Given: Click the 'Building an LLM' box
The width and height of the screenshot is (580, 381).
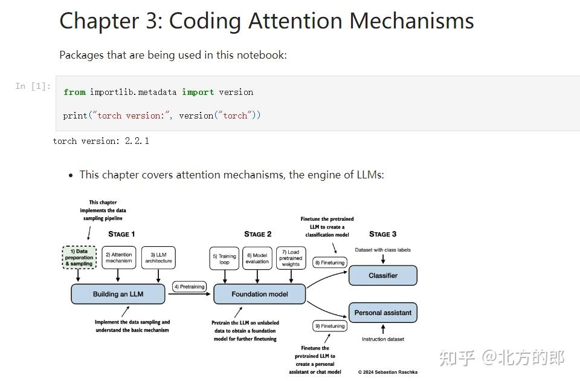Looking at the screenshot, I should click(x=118, y=295).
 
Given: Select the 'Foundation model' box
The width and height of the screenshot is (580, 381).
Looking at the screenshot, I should click(x=260, y=295).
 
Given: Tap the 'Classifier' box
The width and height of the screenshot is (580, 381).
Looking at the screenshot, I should click(x=383, y=276).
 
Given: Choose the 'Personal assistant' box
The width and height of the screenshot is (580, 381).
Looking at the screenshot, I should click(x=383, y=313).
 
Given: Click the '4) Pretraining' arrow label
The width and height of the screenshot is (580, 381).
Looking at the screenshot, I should click(x=189, y=287).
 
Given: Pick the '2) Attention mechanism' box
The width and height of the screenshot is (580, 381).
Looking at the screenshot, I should click(x=118, y=258).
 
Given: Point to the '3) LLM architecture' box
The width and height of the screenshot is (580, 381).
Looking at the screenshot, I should click(x=158, y=258).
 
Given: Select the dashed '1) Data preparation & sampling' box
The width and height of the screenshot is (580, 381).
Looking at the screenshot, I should click(x=79, y=258).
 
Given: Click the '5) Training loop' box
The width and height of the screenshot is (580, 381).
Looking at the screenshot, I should click(x=225, y=258).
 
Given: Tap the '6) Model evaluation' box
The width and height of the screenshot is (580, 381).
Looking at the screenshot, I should click(x=257, y=258).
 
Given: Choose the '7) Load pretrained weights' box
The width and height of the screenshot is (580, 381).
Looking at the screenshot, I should click(x=291, y=258).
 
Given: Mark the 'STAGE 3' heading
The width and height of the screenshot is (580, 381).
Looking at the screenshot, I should click(x=383, y=234).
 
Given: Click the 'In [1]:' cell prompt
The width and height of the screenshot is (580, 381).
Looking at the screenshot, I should click(x=33, y=86).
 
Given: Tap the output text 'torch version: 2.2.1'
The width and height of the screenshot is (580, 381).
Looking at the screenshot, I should click(x=101, y=141).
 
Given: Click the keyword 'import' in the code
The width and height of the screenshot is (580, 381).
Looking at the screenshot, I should click(x=198, y=93).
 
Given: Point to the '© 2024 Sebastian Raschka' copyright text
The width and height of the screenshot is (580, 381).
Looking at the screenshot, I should click(x=387, y=372).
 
